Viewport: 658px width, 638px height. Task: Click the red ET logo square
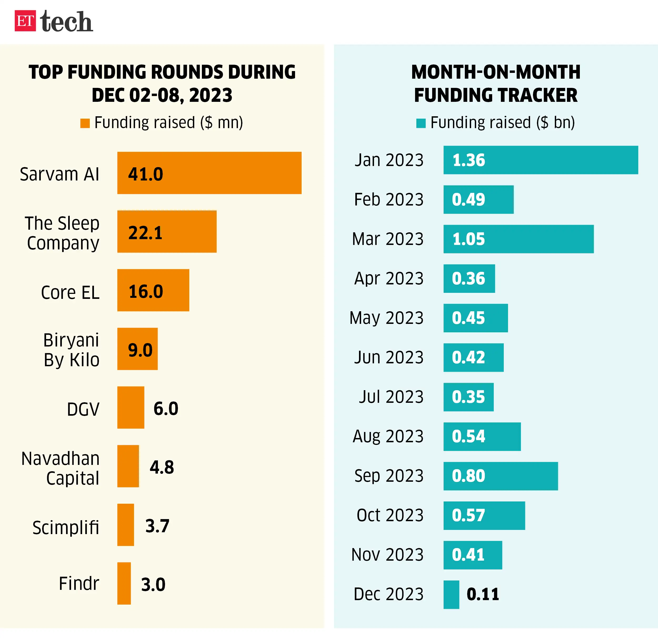25,21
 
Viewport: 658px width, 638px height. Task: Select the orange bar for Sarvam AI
209,173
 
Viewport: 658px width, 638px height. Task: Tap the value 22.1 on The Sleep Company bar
145,233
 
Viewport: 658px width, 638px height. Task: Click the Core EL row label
70,292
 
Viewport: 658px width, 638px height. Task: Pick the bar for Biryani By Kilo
137,349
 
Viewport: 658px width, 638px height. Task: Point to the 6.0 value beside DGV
166,408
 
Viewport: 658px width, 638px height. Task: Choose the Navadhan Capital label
61,468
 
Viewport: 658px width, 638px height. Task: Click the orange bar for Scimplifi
126,525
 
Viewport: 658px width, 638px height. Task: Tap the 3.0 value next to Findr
153,585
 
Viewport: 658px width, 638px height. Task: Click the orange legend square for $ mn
85,123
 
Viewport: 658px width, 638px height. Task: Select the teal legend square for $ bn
421,123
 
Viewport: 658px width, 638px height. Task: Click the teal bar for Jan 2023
541,160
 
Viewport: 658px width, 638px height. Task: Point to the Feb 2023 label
389,199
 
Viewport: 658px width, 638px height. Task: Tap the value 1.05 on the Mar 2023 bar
469,239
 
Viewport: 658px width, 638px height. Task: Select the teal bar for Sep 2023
501,476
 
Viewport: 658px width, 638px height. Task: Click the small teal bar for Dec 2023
451,594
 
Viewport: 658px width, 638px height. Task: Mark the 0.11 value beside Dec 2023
483,594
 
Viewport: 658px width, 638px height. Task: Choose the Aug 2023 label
388,436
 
